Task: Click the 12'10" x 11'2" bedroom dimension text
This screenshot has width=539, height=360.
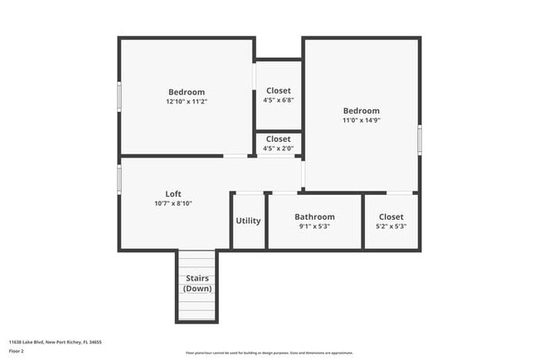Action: point(187,102)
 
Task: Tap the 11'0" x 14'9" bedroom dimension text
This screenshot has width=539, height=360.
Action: point(361,120)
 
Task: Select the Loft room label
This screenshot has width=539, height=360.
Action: point(173,193)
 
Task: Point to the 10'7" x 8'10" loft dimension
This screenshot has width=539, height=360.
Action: point(173,203)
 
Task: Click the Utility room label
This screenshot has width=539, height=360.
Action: point(248,221)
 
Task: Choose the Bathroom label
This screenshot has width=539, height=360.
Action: point(314,216)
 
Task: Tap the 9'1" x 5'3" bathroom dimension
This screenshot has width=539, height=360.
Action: point(314,226)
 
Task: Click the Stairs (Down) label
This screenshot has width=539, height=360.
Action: point(197,283)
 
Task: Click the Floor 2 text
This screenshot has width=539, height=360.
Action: point(17,351)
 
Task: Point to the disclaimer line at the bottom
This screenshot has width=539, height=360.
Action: point(269,353)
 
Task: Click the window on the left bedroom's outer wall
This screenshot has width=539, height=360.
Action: point(119,95)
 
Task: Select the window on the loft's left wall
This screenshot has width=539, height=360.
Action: point(119,178)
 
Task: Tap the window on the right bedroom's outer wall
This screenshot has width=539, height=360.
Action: point(420,138)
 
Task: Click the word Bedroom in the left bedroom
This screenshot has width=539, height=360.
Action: point(187,92)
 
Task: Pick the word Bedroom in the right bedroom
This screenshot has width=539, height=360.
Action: point(361,110)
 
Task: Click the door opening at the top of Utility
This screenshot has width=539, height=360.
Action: point(248,192)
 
